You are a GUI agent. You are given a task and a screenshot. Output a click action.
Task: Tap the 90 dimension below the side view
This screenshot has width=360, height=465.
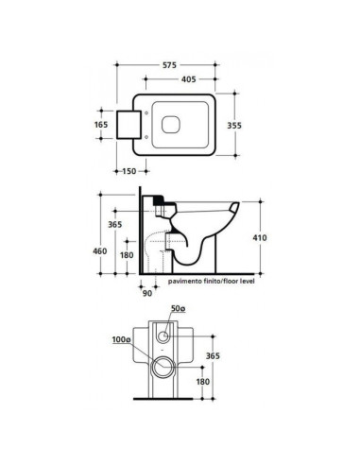pyautogui.click(x=147, y=292)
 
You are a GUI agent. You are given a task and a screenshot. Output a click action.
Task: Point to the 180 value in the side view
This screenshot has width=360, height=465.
pyautogui.click(x=126, y=254)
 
